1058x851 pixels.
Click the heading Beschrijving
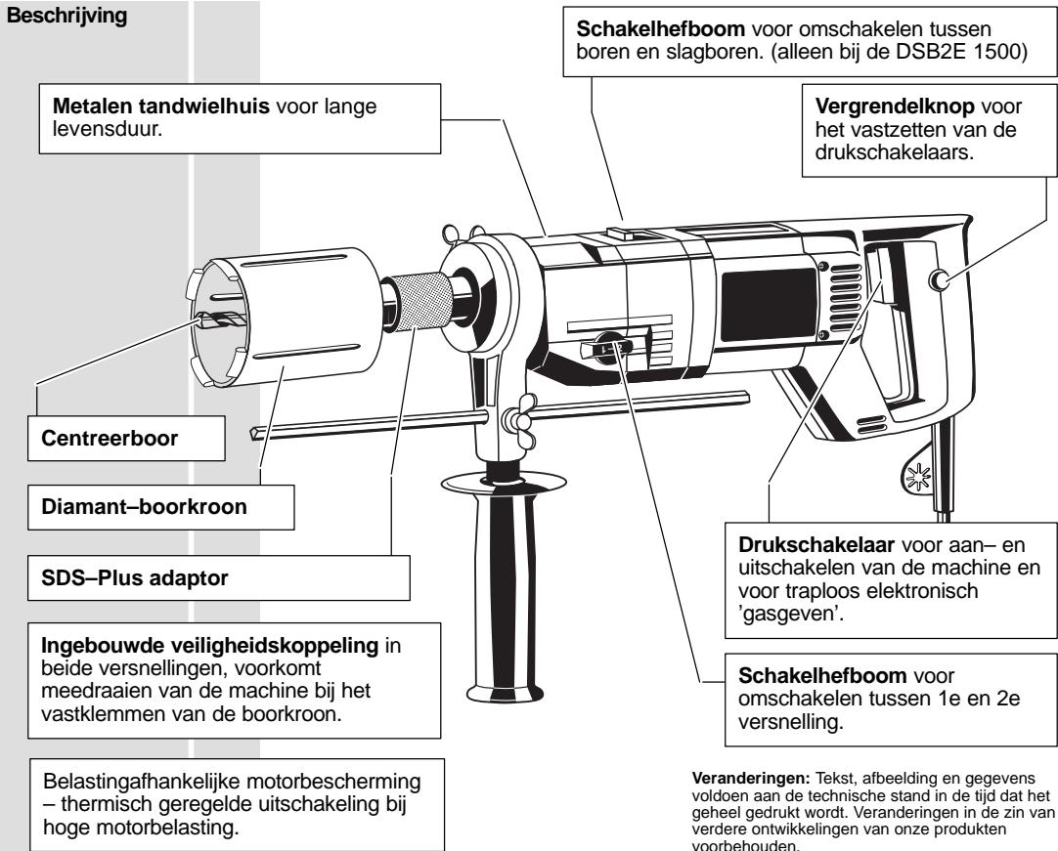66,16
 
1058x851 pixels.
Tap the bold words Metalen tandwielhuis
161,106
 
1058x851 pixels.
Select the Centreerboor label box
126,439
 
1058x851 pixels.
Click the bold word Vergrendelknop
895,106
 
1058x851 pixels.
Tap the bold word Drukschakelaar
816,544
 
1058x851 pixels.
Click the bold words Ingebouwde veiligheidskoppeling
210,645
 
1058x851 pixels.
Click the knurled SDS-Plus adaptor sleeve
423,303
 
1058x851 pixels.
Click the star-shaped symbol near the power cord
917,477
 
